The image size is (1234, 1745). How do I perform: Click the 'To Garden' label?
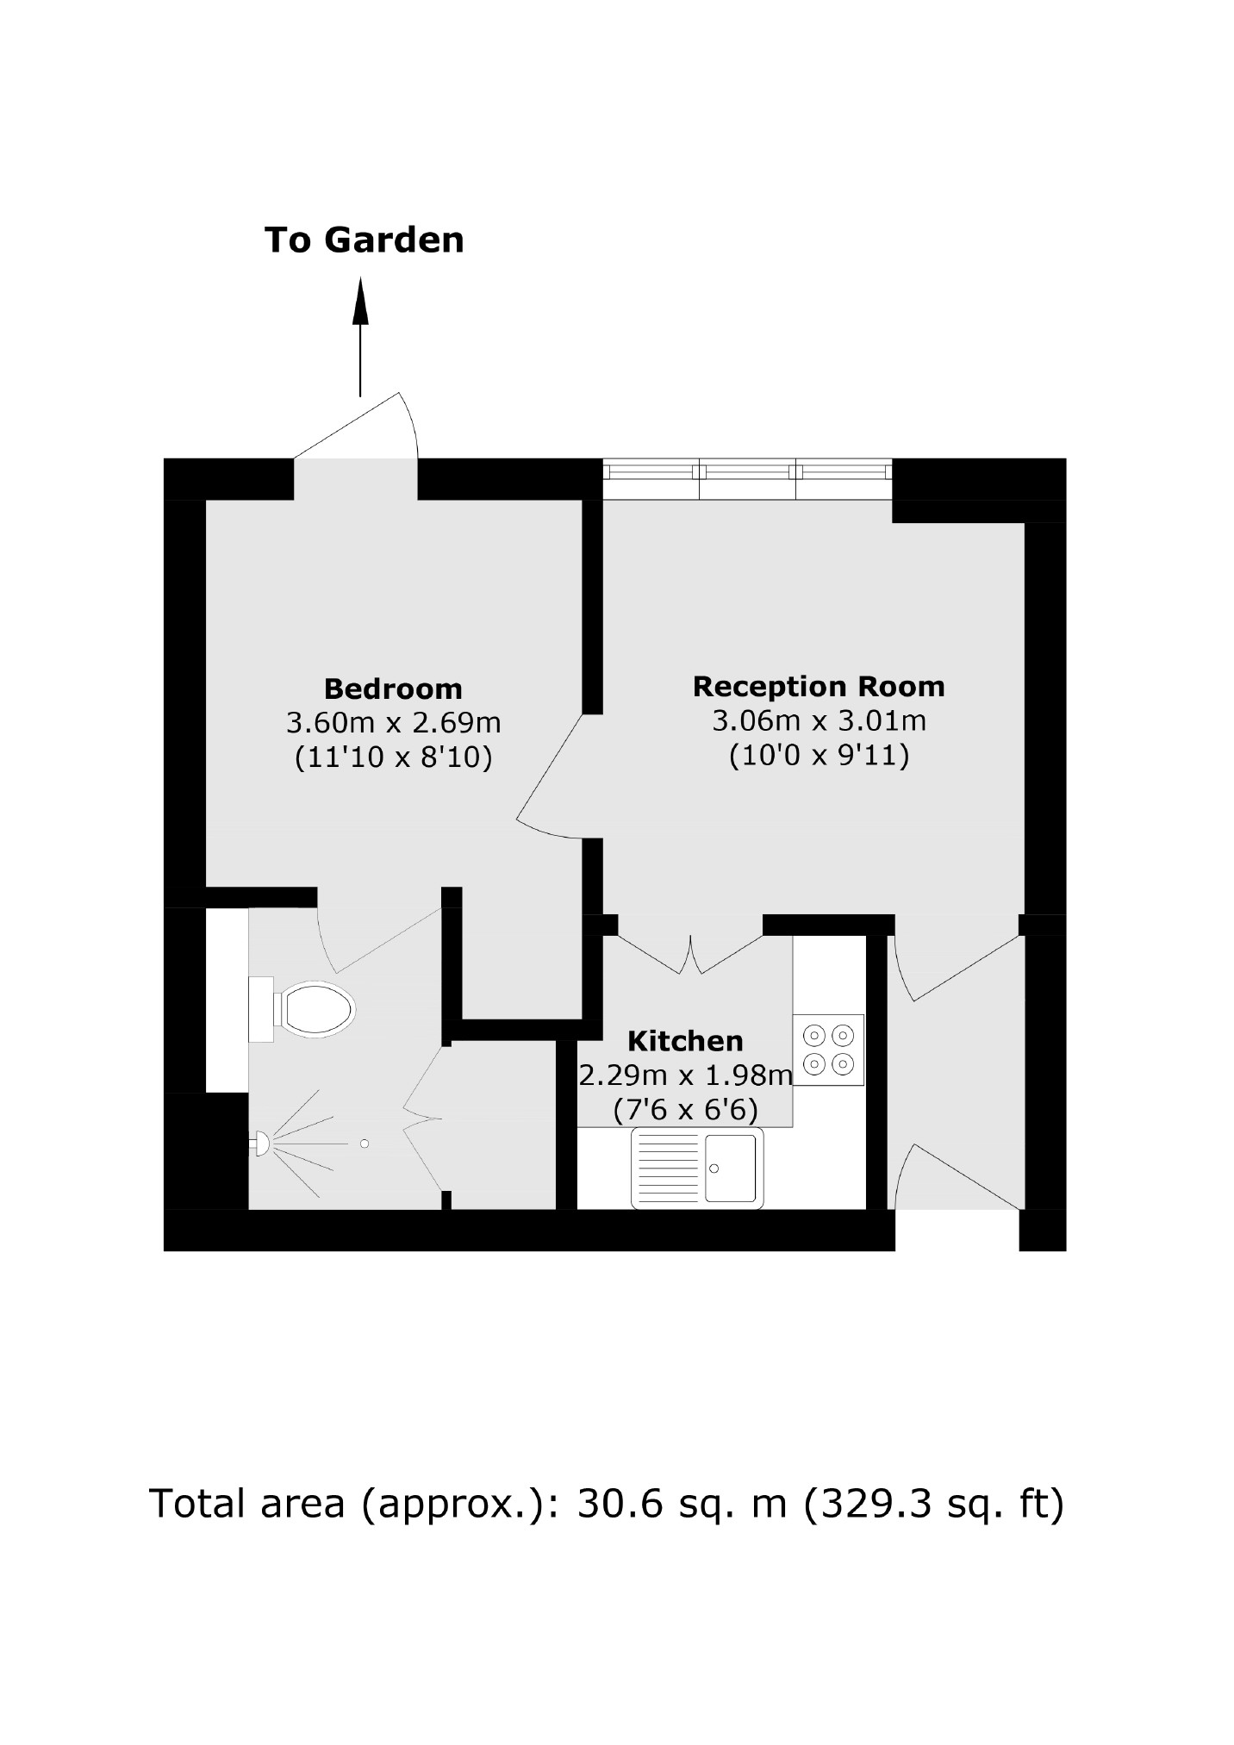coord(364,240)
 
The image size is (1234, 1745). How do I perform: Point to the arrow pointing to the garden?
coord(360,336)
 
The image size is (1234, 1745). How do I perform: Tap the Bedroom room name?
coord(393,689)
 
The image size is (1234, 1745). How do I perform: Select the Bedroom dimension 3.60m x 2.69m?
coord(393,722)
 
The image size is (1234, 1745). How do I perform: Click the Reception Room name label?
coord(819,687)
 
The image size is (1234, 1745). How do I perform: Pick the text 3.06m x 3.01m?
coord(819,720)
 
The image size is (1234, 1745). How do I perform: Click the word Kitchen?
coord(685,1041)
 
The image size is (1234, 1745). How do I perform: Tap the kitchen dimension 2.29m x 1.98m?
coord(685,1075)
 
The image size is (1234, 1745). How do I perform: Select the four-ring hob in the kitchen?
coord(828,1049)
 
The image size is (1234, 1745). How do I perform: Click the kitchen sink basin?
coord(730,1168)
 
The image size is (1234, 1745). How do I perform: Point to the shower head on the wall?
coord(259,1144)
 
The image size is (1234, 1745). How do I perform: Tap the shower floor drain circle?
coord(365,1144)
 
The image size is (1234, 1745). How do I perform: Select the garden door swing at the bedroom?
coord(362,427)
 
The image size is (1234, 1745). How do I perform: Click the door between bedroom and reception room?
coord(552,776)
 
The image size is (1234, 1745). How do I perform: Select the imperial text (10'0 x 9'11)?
coord(819,757)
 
